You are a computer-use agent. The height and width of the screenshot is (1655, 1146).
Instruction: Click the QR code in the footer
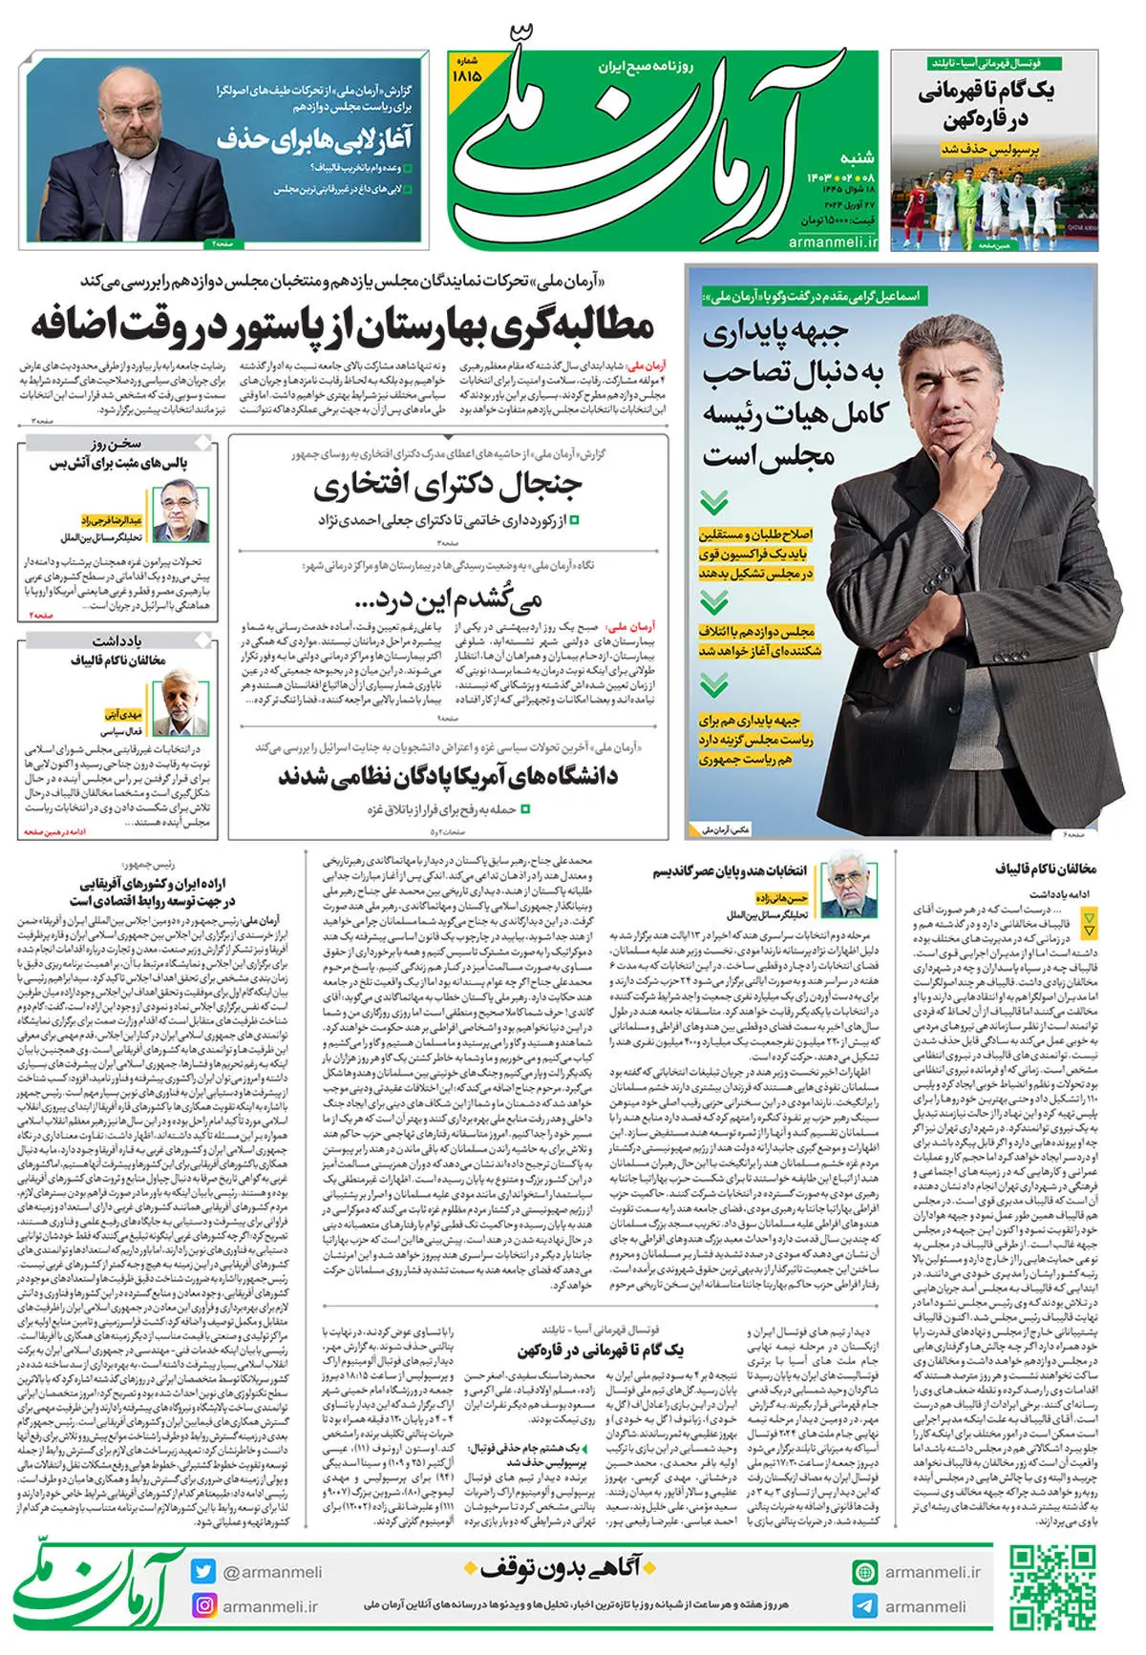(1053, 1589)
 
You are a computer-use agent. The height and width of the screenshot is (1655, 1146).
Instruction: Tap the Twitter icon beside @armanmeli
(202, 1572)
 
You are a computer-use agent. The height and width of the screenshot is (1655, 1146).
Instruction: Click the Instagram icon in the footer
(204, 1605)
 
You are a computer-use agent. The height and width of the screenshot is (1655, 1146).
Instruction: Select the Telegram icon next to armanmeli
(865, 1605)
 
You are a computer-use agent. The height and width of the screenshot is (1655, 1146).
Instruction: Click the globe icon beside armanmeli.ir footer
(865, 1572)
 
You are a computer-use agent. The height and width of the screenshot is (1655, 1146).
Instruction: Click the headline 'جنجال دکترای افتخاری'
(447, 487)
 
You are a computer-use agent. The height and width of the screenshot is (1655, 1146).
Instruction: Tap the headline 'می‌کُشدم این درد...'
(447, 598)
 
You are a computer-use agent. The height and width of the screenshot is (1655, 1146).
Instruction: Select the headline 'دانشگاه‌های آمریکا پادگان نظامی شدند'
(447, 776)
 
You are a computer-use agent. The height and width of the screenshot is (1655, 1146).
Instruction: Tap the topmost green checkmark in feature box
(713, 501)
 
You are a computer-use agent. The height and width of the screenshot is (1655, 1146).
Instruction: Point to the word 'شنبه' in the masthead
(856, 157)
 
